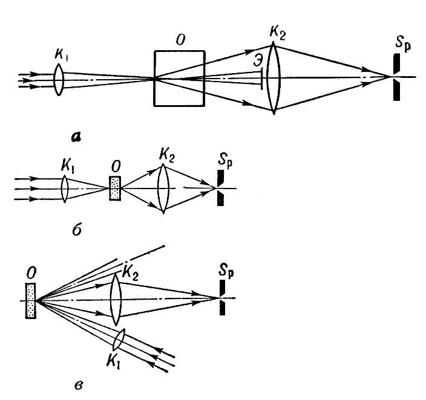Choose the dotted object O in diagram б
114,189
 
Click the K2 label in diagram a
278,31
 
